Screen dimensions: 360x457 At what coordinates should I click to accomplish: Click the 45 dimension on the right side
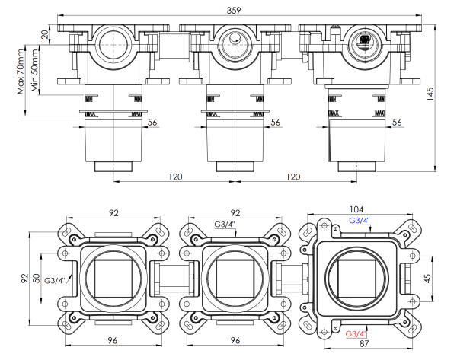click(x=428, y=278)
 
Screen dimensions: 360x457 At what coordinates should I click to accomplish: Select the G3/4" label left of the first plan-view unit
click(x=55, y=281)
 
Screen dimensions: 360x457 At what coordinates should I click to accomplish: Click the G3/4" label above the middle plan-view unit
click(x=225, y=224)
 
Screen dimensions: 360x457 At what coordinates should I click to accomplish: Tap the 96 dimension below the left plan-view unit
click(x=112, y=341)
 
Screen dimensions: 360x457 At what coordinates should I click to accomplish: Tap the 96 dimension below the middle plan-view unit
click(x=236, y=341)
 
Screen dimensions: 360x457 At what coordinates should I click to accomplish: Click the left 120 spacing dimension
click(x=175, y=177)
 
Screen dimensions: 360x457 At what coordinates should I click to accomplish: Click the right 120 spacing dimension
click(x=293, y=177)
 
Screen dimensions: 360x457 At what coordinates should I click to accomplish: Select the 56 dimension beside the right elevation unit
click(x=397, y=122)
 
